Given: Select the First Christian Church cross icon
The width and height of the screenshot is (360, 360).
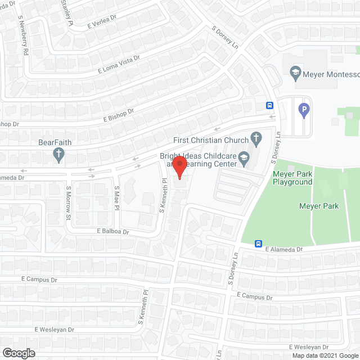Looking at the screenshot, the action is click(x=256, y=138).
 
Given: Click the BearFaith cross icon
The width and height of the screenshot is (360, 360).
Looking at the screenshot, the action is click(x=59, y=154).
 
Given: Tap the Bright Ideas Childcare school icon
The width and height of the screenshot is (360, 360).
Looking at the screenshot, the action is click(x=244, y=156).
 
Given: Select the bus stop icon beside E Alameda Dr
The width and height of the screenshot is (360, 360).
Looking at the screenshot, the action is click(x=258, y=244).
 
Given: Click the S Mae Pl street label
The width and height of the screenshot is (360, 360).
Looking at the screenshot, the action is click(x=117, y=198).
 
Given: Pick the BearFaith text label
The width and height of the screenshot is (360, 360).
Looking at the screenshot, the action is click(x=55, y=142).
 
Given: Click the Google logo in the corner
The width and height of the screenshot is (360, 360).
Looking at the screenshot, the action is click(x=18, y=353).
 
